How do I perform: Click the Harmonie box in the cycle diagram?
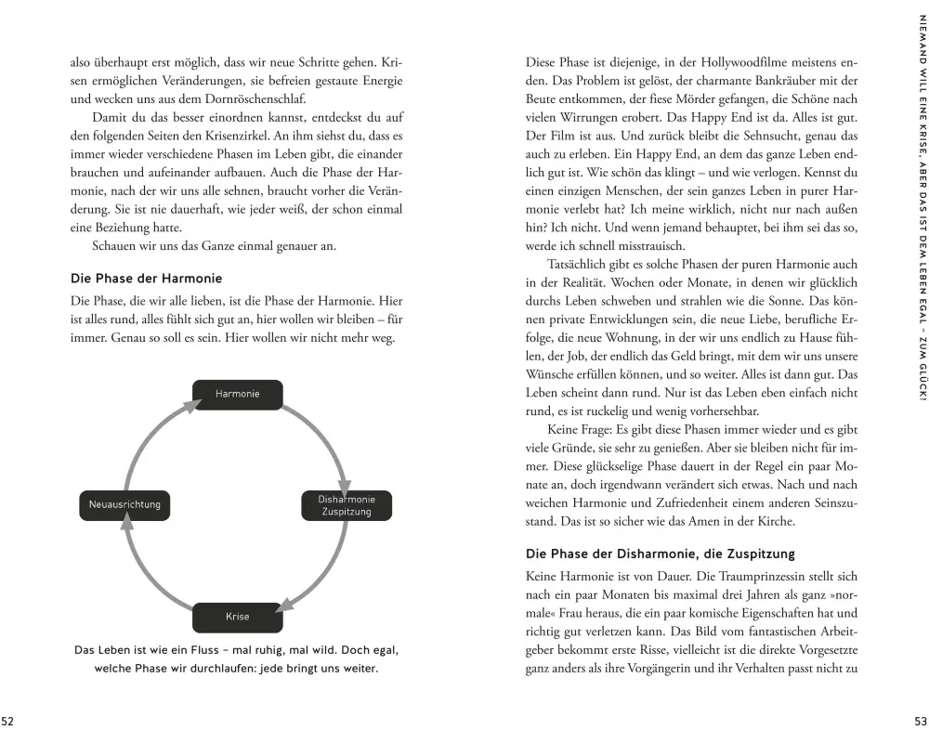[237, 394]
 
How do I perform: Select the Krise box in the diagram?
[237, 617]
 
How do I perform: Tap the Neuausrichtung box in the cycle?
[124, 505]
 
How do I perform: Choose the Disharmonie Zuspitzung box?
[346, 505]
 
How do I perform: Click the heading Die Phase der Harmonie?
[146, 279]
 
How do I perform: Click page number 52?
[7, 722]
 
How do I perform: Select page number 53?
[921, 722]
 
